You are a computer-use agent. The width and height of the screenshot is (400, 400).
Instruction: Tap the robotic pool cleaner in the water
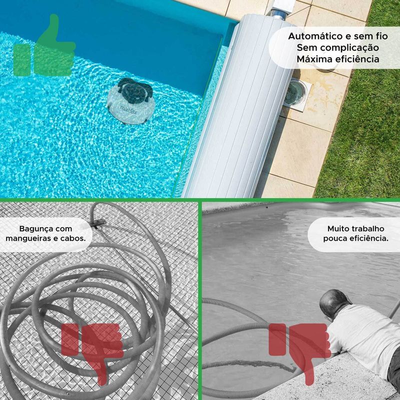coord(131,101)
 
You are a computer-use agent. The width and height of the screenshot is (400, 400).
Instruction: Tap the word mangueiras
coord(28,238)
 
